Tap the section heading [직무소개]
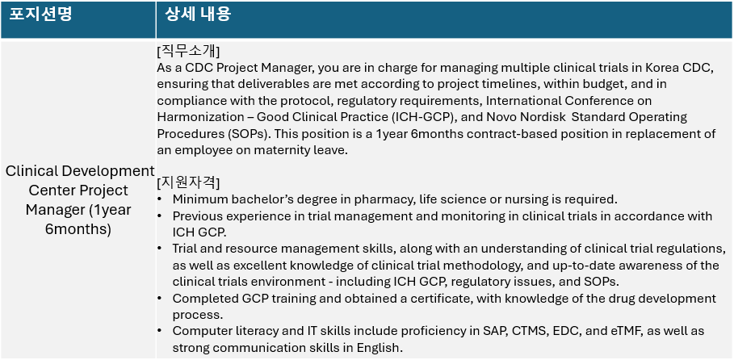[x=189, y=51]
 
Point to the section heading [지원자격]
[x=189, y=182]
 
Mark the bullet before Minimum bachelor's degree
[x=161, y=199]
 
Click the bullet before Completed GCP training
[x=161, y=299]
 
